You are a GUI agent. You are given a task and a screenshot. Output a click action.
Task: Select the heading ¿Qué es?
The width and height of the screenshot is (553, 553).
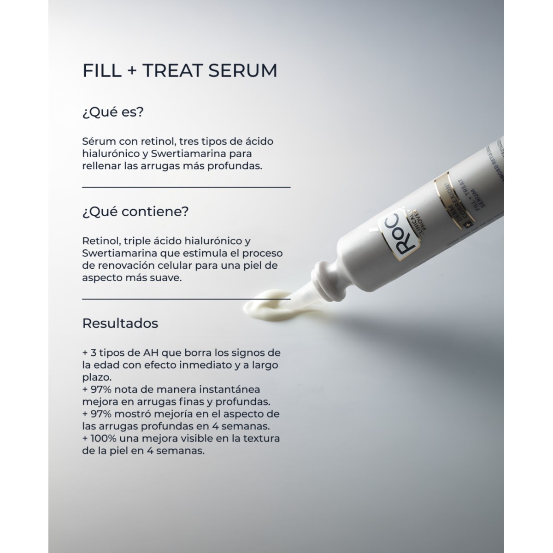point(113,112)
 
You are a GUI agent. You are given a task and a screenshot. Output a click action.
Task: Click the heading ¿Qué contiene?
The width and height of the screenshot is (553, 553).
point(135,212)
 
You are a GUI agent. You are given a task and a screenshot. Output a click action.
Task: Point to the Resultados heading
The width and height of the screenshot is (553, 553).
point(120,323)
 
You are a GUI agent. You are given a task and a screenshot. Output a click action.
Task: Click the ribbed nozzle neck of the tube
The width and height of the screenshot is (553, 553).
point(324,283)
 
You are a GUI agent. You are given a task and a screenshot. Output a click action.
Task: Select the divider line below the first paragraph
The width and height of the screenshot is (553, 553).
point(186,188)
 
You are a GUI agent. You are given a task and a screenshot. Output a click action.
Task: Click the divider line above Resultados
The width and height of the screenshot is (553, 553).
point(186,299)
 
